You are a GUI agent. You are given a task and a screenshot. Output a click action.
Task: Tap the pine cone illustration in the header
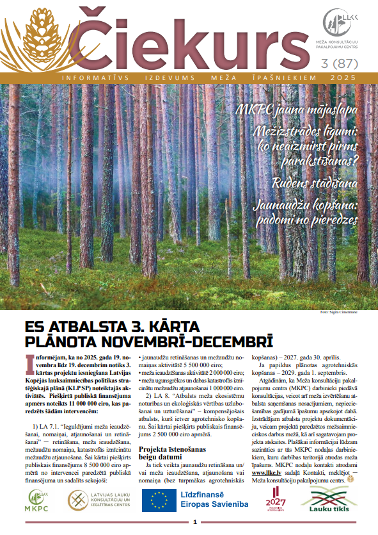[x=45, y=38]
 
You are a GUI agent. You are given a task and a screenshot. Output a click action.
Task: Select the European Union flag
[x=158, y=500]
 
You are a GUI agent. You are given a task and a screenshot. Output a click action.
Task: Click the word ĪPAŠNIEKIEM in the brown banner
[x=268, y=77]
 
